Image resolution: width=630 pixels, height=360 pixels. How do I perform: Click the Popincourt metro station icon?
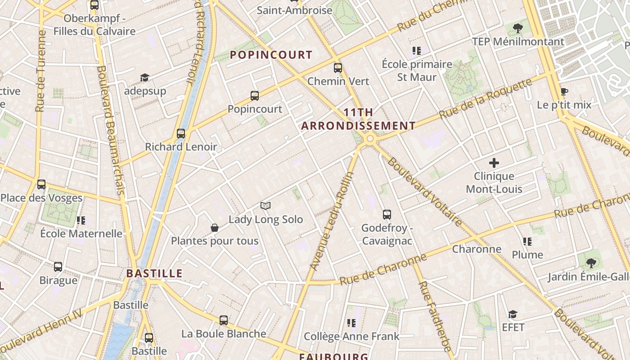pos(255,95)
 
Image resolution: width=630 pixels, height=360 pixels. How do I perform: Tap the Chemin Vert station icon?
pos(338,68)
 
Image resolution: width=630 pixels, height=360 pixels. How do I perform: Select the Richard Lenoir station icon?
pos(181,133)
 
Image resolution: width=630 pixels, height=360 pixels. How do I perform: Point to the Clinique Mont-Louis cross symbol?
pos(494,163)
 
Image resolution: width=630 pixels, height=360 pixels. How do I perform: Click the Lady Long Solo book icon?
pos(265,206)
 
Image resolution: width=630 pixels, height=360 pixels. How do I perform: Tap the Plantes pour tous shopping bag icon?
pos(215,228)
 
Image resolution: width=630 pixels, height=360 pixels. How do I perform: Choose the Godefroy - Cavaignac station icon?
pos(387,215)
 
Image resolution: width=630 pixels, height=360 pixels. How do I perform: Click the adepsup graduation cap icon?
pos(144,78)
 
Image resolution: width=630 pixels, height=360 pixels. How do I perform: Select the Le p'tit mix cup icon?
pos(564,92)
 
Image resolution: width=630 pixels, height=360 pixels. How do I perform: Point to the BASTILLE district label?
pos(154,273)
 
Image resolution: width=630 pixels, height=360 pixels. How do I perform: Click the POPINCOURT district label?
pos(271,55)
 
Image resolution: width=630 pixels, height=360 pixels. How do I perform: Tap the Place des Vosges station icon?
pos(41,184)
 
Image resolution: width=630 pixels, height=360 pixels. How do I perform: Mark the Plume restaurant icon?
pos(527,242)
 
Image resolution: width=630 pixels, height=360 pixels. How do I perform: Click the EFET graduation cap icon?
pos(513,314)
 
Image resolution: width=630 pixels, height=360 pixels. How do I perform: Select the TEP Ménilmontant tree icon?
pos(518,28)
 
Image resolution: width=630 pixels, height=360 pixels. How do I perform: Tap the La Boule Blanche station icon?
pos(224,320)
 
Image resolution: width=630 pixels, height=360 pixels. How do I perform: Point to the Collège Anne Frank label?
pos(351,336)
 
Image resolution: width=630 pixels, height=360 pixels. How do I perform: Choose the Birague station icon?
pos(58,267)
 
